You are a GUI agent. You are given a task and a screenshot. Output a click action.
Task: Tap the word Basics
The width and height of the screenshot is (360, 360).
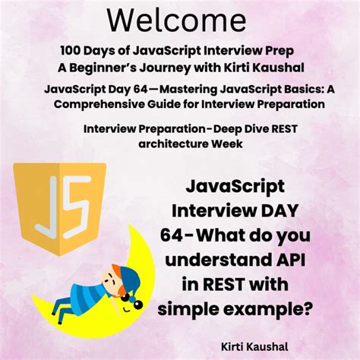287,90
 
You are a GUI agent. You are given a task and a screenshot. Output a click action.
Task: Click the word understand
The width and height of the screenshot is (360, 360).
221,260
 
